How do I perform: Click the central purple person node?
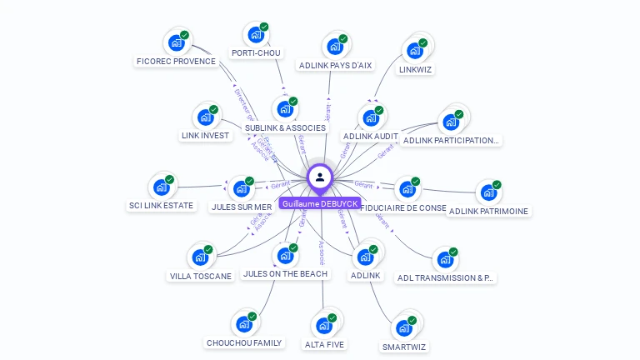[320, 177]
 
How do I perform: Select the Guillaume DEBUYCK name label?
[320, 203]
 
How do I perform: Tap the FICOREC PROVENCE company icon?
[176, 42]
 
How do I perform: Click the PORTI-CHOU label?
[256, 53]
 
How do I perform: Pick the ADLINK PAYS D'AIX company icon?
[335, 47]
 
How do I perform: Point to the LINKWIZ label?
[416, 69]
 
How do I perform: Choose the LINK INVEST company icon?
[204, 117]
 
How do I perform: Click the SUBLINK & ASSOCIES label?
[285, 128]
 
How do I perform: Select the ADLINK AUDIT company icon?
[371, 117]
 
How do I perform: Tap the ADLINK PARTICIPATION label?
[451, 140]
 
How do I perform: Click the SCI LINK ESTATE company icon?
[161, 187]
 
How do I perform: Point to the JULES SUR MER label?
[242, 207]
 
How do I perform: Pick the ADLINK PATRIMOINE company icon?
[488, 192]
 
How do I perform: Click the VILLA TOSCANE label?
[201, 276]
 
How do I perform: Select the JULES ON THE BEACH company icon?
[285, 255]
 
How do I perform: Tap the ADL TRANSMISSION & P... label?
[445, 277]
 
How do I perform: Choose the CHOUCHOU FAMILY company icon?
[244, 323]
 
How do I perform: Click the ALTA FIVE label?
[324, 344]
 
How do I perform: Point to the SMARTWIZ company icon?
[404, 327]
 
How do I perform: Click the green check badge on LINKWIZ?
[423, 43]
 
